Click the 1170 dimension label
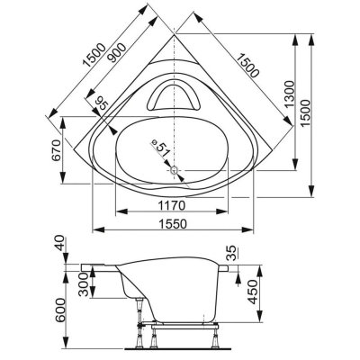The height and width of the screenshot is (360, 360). tap(172, 206)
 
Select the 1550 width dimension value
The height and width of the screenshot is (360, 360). tap(173, 224)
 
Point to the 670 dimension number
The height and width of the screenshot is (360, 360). tap(57, 151)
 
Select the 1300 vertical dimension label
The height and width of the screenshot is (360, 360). tap(290, 94)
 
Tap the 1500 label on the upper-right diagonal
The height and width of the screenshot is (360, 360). tap(247, 65)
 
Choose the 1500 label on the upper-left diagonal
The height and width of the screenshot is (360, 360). tap(94, 55)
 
